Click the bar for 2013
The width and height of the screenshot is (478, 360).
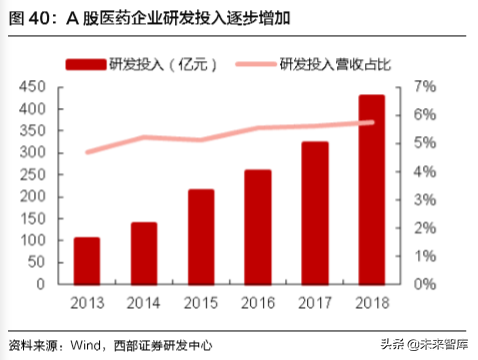[86, 260]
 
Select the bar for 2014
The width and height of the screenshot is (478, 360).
[143, 252]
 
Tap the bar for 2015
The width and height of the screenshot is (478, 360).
[200, 236]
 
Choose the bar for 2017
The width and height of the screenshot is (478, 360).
[314, 212]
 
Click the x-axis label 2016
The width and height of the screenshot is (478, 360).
[257, 301]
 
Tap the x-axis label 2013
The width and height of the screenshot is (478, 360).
[86, 301]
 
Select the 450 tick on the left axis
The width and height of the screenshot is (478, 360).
[33, 87]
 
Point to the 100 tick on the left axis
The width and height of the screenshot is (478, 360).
[33, 240]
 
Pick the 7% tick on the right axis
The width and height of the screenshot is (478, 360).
[425, 87]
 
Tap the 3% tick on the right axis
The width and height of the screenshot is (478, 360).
[425, 199]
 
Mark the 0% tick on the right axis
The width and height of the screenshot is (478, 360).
[425, 284]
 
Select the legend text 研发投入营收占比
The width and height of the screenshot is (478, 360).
[336, 63]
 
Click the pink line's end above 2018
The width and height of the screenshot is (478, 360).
[372, 122]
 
